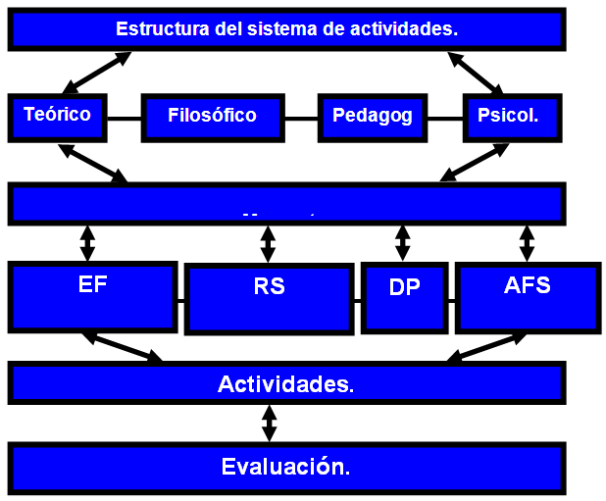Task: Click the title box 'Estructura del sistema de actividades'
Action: coord(286,29)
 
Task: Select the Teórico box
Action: coord(57,117)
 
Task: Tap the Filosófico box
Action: coord(212,117)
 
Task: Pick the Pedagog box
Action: coord(372,117)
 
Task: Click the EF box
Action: coord(92,294)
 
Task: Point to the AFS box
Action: coord(528,294)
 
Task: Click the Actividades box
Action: coord(286,382)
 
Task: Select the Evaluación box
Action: coord(286,466)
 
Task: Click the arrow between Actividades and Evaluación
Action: coord(269,424)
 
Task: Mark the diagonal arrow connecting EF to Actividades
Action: coord(124,347)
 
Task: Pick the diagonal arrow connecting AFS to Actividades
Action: coord(486,347)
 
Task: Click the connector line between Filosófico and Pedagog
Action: coord(302,118)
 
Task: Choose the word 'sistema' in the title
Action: coord(282,28)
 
